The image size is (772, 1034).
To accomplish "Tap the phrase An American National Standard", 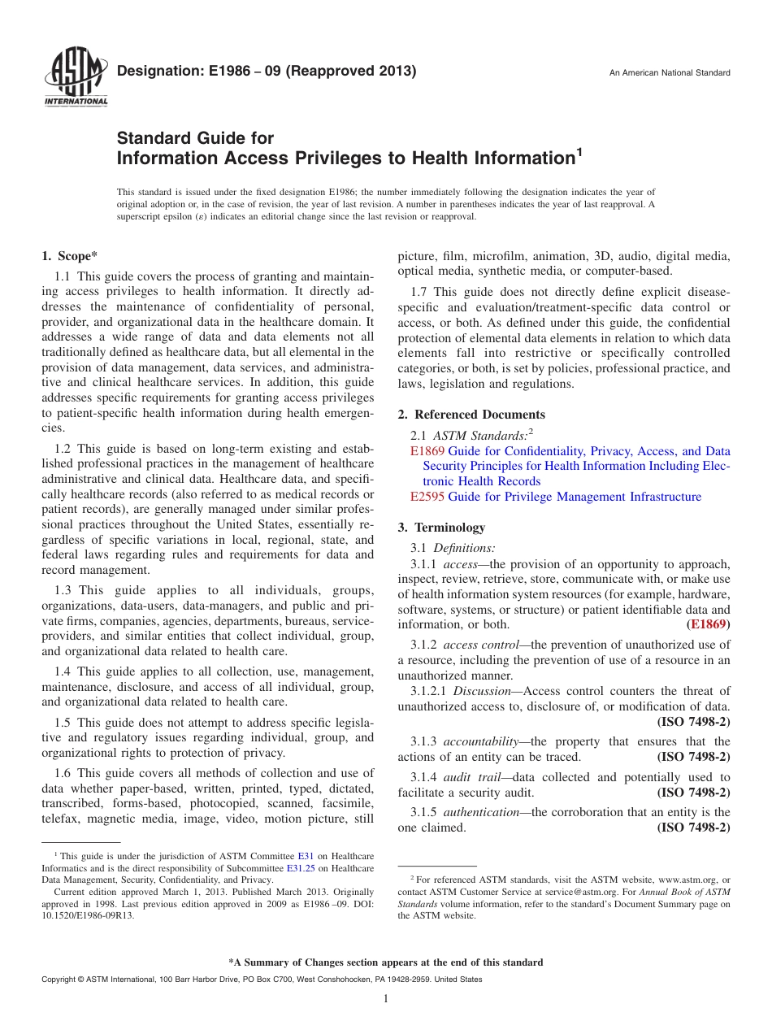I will click(670, 73).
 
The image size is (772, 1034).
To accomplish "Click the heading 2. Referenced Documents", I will click(471, 415).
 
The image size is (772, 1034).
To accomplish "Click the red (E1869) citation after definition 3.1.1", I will click(708, 625).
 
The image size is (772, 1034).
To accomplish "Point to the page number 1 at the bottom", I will click(386, 999).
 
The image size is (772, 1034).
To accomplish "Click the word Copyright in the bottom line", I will click(60, 980).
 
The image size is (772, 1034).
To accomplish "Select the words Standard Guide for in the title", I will click(196, 138).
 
